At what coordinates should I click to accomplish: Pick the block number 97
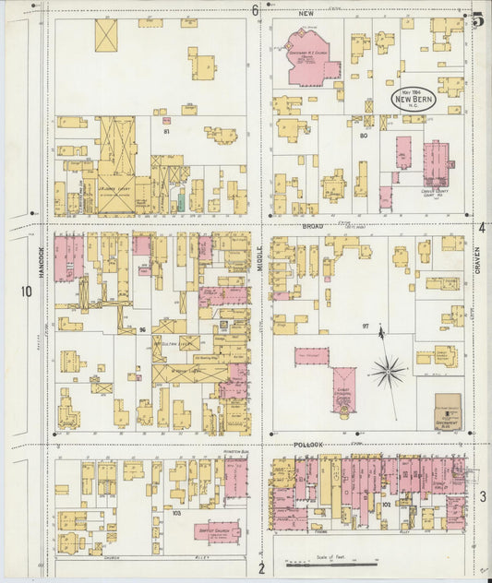pos(365,327)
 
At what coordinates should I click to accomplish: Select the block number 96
pos(143,329)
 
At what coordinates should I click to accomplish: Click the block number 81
pos(168,133)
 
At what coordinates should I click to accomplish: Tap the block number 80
pos(364,136)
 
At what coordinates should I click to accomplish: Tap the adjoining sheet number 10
pos(26,292)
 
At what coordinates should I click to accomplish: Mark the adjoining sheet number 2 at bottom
pos(261,567)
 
